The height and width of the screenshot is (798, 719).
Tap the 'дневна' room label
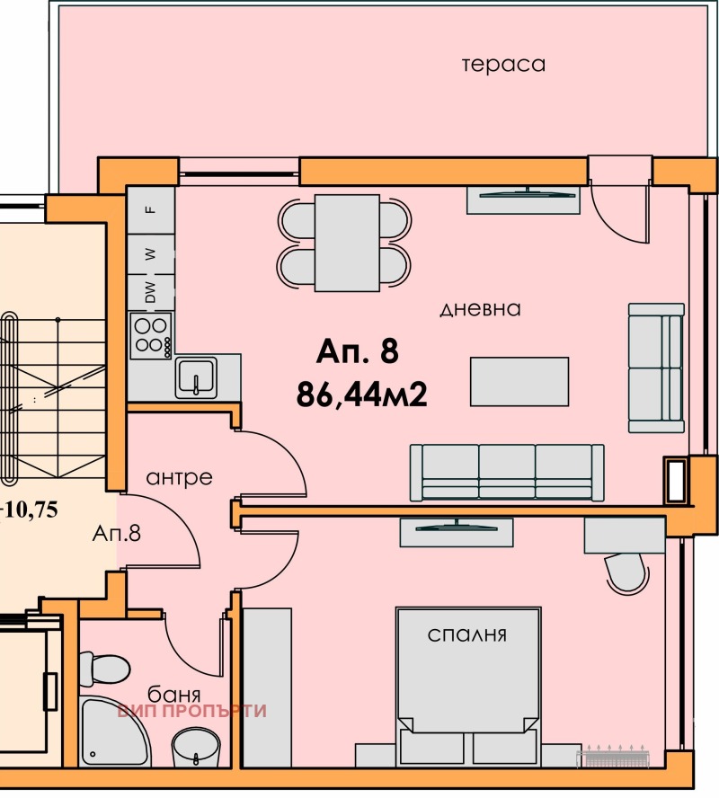481,309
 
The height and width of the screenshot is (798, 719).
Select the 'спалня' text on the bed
468,635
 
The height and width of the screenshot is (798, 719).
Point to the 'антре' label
181,477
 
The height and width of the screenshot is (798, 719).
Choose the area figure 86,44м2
360,393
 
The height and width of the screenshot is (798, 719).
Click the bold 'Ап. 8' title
356,351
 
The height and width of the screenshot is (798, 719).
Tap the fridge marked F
151,209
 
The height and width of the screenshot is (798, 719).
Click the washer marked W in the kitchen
151,254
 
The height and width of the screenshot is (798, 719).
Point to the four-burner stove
151,334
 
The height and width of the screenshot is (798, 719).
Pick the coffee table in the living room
519,381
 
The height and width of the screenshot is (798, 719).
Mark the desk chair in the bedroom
626,572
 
